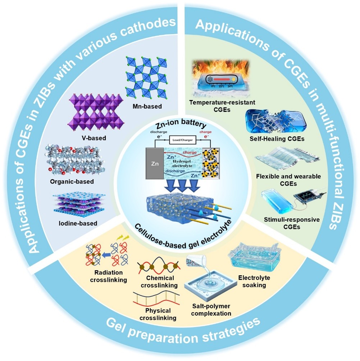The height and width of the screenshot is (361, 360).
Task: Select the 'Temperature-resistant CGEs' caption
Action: point(222,106)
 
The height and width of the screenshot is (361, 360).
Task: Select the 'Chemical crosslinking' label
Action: point(160,281)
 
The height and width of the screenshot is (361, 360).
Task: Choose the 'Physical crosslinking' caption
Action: point(155,314)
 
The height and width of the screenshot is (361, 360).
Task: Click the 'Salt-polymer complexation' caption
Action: point(210,310)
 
